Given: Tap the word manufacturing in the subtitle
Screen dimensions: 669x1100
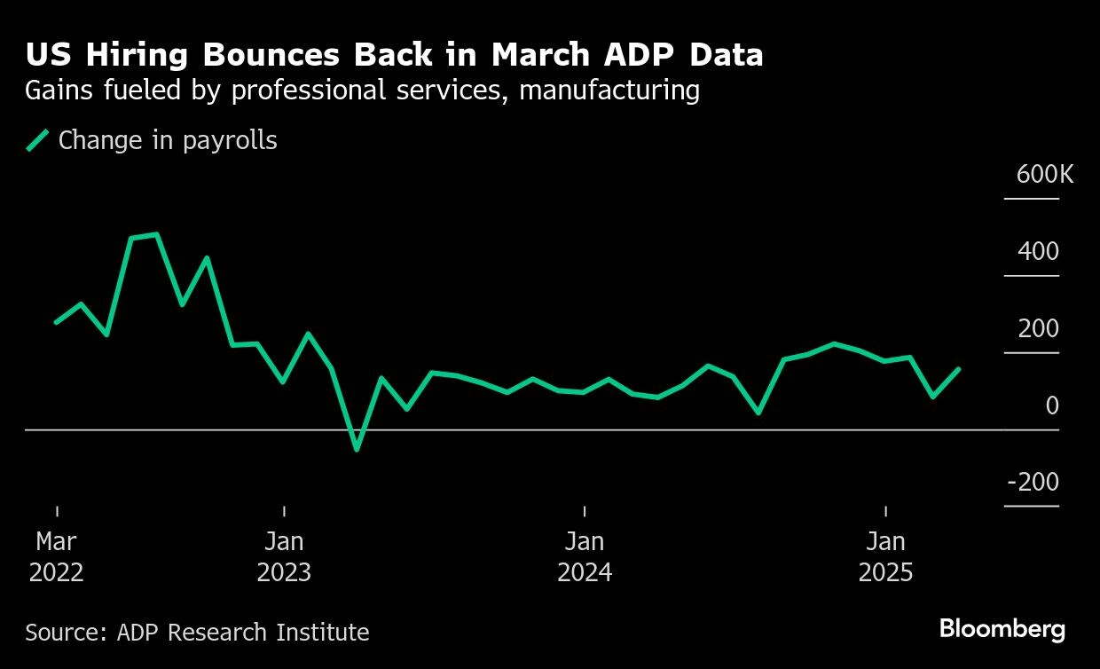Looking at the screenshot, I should point(609,91).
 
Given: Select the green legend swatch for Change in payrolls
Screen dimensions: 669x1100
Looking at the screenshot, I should point(37,140).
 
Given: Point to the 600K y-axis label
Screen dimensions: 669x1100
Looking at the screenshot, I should point(1044,174).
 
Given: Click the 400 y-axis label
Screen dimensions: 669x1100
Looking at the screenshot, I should point(1038,251).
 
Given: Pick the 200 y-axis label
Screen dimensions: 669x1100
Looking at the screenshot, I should point(1038,328).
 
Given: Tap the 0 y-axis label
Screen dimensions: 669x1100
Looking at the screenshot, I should point(1051,405).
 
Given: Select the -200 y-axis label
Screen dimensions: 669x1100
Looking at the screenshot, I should point(1033,482).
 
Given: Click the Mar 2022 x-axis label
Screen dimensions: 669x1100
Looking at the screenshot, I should point(57,556).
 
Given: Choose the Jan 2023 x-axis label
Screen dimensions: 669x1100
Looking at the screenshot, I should point(284,556).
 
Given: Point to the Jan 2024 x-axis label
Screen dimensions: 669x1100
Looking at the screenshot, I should point(585,556).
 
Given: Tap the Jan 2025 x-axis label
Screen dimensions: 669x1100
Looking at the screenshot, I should point(885,556).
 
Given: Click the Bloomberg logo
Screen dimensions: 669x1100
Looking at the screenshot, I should point(1002,629).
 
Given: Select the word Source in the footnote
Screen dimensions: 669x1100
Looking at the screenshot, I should point(62,633).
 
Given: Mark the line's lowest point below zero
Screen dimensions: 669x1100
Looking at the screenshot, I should point(357,450).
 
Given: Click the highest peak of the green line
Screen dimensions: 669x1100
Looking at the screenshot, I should point(157,235).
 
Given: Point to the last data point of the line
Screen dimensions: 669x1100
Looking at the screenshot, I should point(959,368).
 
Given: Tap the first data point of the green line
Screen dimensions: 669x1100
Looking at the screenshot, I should point(56,322).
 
